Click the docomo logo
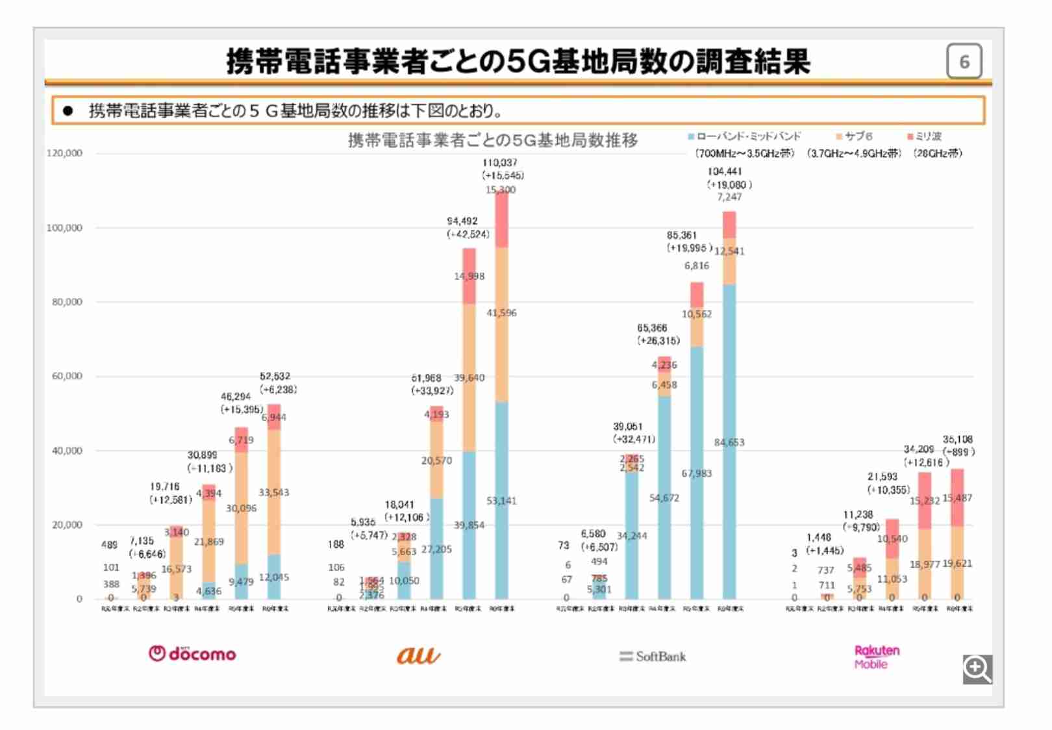192,653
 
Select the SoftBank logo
653,657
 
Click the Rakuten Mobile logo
876,657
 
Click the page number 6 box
964,62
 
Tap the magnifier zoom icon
977,669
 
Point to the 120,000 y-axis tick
64,153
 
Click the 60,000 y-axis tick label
67,376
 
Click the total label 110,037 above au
499,163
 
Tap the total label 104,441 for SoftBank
725,171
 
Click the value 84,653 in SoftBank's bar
729,442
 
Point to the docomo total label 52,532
275,377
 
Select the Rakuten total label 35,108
957,440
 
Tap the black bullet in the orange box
68,111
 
